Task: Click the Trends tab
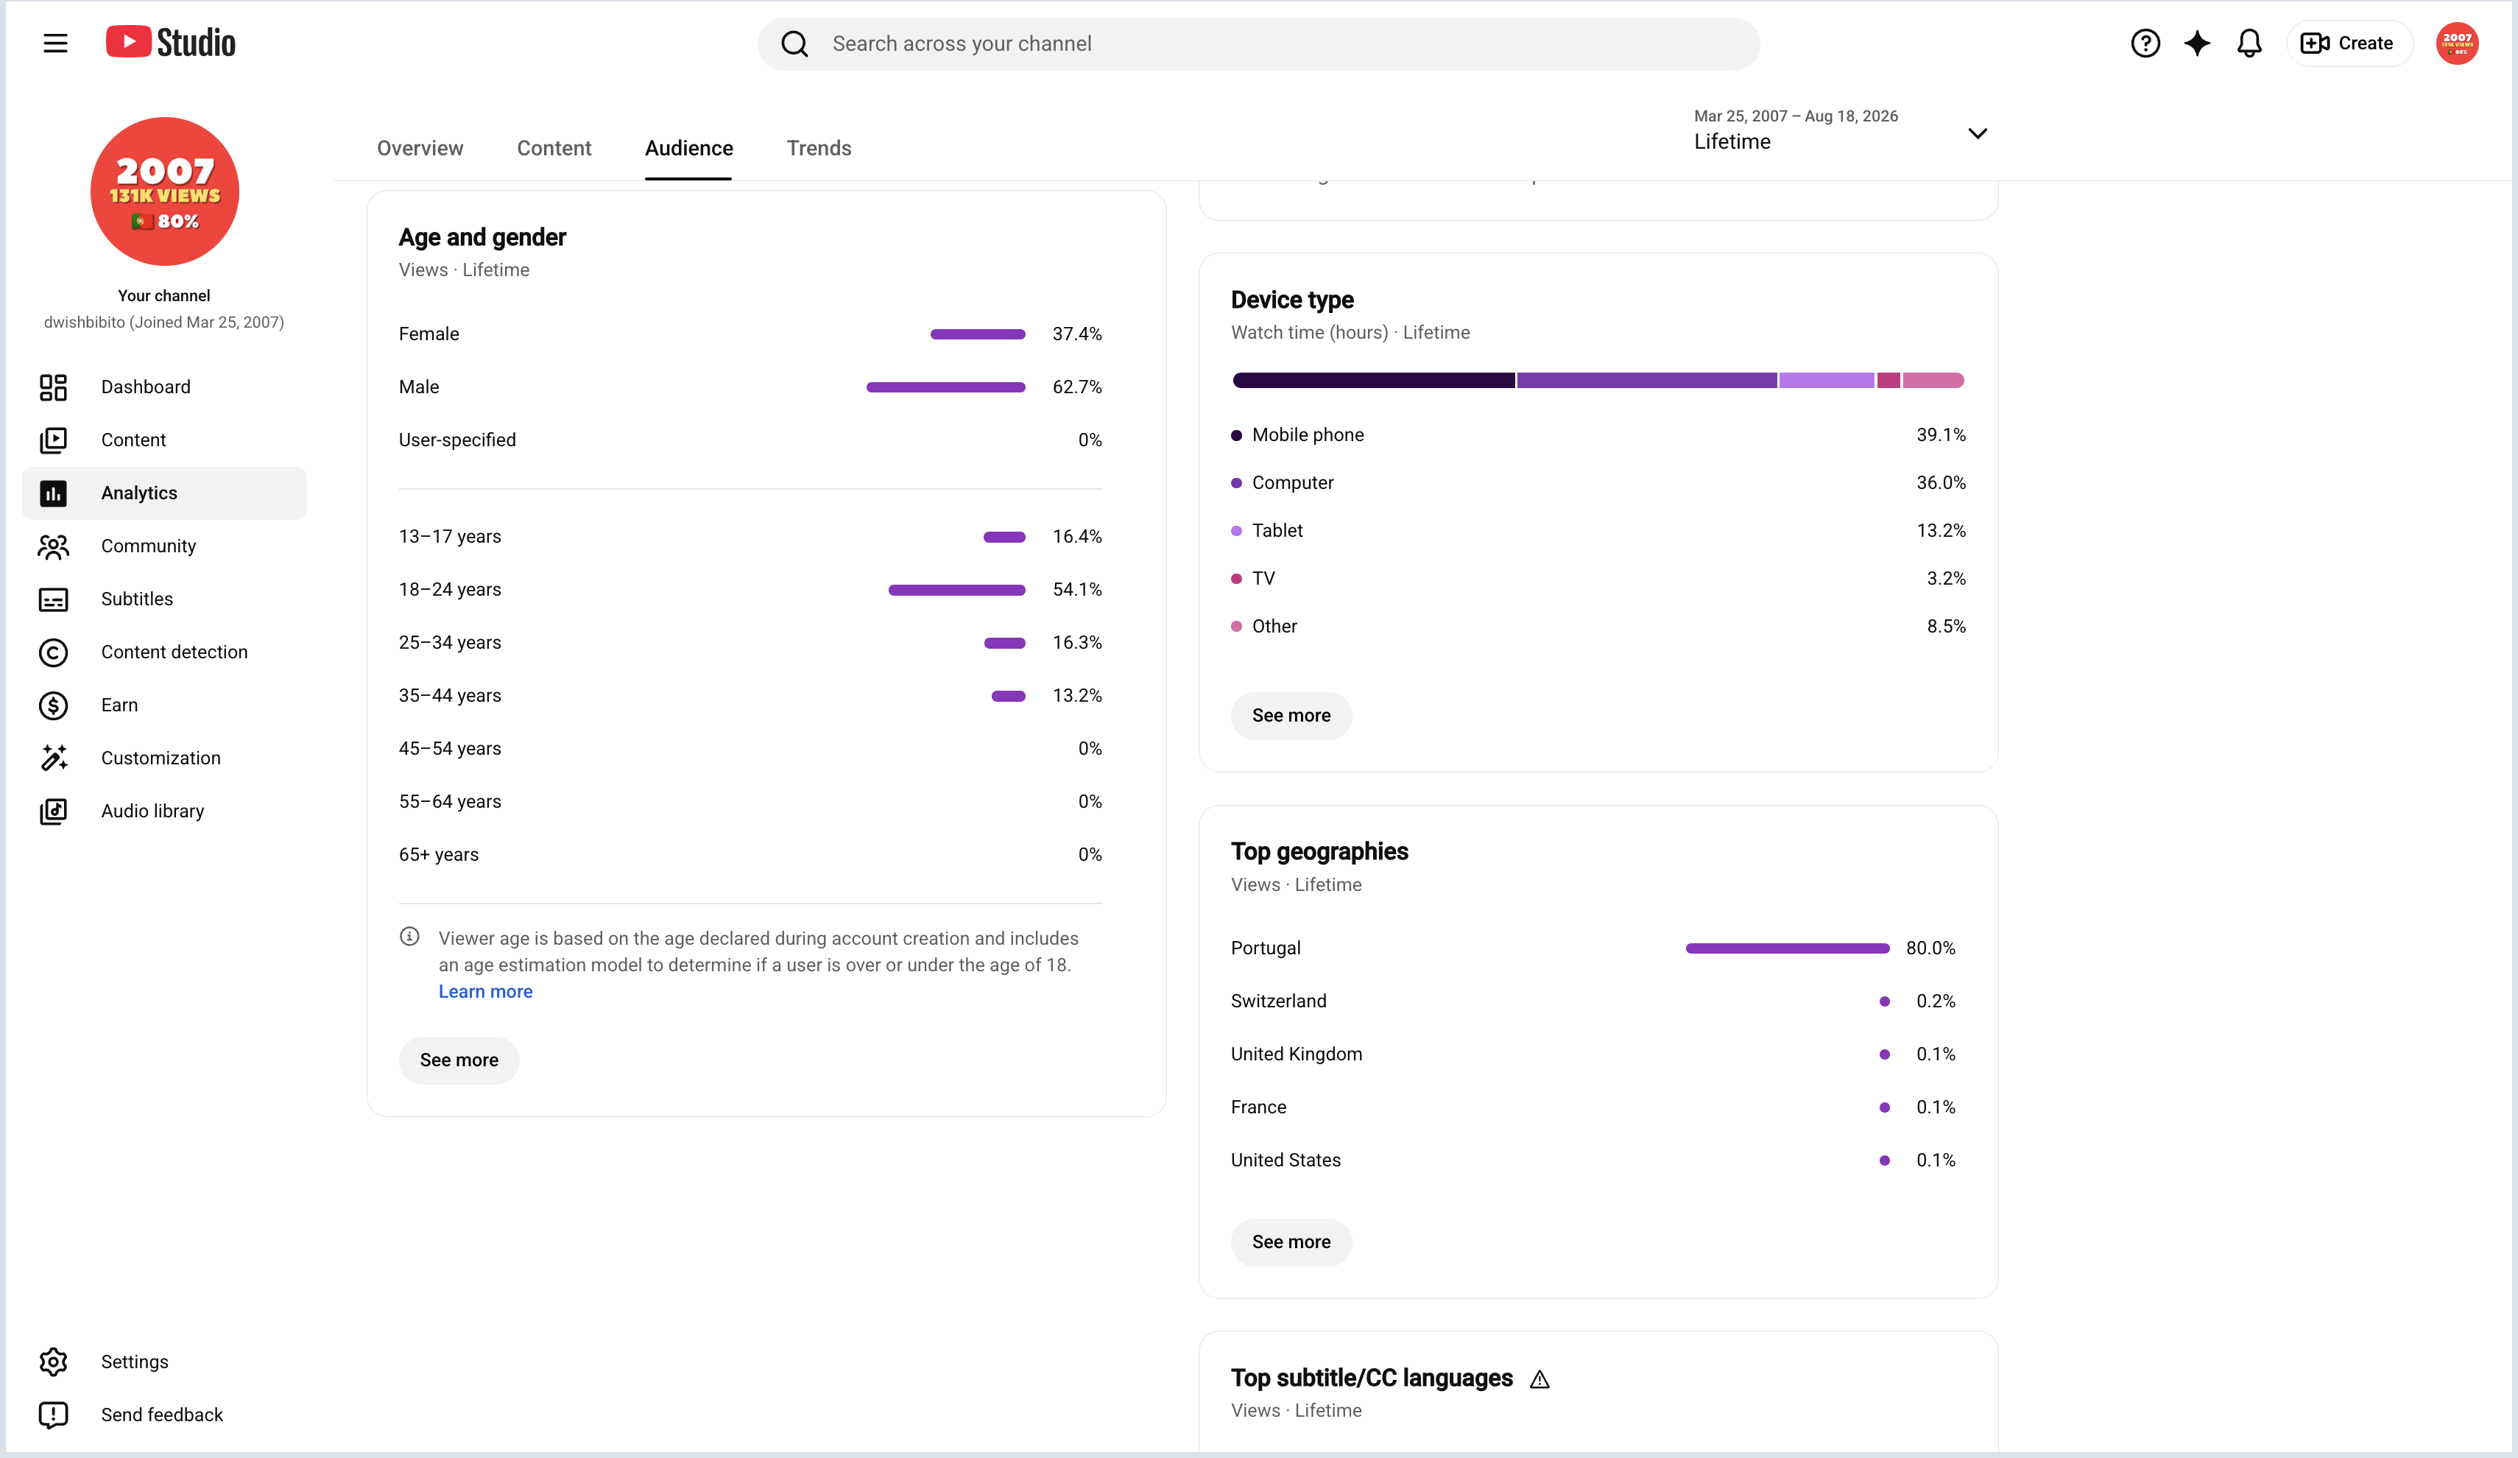pyautogui.click(x=819, y=148)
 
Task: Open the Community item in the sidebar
pyautogui.click(x=148, y=546)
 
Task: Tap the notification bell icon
pyautogui.click(x=2249, y=43)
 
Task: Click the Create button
pyautogui.click(x=2349, y=43)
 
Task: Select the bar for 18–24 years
pyautogui.click(x=956, y=590)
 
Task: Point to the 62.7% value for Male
pyautogui.click(x=1076, y=387)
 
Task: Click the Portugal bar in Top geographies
pyautogui.click(x=1788, y=948)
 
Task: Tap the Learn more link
pyautogui.click(x=486, y=991)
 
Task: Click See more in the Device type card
pyautogui.click(x=1291, y=716)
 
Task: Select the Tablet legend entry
pyautogui.click(x=1267, y=531)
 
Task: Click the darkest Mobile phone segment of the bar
pyautogui.click(x=1374, y=380)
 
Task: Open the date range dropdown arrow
pyautogui.click(x=1978, y=133)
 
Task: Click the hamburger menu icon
pyautogui.click(x=56, y=43)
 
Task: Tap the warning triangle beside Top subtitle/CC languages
pyautogui.click(x=1540, y=1379)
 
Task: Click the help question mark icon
pyautogui.click(x=2145, y=43)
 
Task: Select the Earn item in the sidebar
pyautogui.click(x=119, y=705)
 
